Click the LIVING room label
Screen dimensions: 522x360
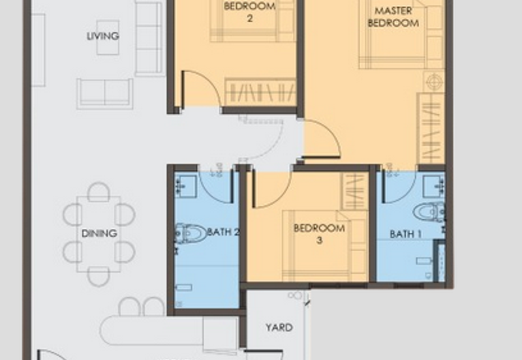point(103,36)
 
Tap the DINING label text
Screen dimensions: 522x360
point(99,233)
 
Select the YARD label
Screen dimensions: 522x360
point(279,327)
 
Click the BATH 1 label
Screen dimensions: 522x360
point(405,234)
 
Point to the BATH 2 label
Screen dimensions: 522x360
point(223,232)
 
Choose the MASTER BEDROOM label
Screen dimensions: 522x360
point(393,17)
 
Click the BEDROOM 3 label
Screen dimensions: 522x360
point(319,234)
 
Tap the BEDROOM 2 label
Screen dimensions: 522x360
point(250,12)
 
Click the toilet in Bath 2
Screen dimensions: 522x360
point(191,233)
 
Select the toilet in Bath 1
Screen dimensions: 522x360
point(429,211)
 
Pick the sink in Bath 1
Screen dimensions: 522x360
point(434,187)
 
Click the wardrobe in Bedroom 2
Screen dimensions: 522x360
point(260,92)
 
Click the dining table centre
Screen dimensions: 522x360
point(99,234)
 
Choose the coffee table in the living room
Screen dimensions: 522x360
point(108,37)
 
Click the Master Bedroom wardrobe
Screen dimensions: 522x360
point(431,128)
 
